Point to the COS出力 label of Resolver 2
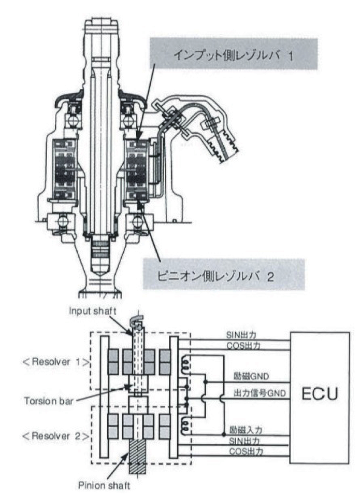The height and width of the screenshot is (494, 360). click(246, 451)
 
